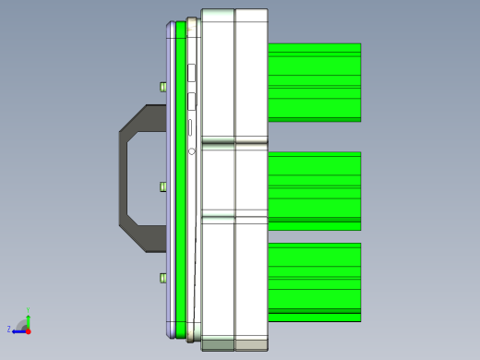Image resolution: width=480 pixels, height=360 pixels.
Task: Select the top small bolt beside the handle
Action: coord(163,87)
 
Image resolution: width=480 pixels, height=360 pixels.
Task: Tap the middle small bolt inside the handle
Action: coord(163,186)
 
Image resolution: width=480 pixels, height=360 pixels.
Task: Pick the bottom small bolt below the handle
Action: coord(163,278)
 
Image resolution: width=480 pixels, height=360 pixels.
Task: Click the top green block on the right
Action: coord(314,82)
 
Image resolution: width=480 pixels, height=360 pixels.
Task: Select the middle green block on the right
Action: coord(314,190)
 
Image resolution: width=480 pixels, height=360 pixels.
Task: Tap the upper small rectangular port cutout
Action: coord(191,72)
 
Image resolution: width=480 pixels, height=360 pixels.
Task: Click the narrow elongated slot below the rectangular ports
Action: coord(191,127)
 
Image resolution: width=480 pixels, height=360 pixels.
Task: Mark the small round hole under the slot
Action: coord(191,150)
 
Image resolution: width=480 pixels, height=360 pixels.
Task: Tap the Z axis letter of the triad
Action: coord(8,329)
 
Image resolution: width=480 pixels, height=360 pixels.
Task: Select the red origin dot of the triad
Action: coord(28,330)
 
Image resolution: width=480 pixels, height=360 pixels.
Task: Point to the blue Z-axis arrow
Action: coord(18,330)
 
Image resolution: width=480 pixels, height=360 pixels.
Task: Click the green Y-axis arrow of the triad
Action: coord(28,320)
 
